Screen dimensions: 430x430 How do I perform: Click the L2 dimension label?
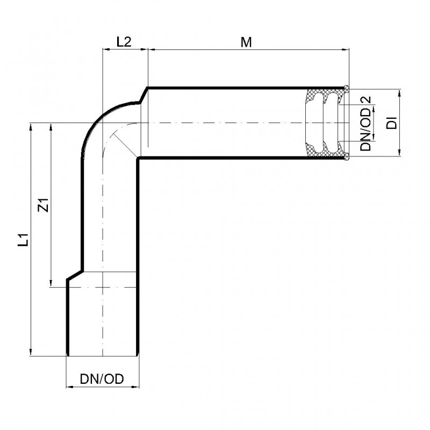pyautogui.click(x=124, y=42)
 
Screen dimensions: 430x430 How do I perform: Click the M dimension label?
pyautogui.click(x=246, y=42)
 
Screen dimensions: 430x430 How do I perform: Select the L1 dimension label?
pyautogui.click(x=23, y=240)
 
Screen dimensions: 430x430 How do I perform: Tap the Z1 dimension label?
pyautogui.click(x=44, y=205)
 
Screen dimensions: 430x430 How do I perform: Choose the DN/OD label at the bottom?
pyautogui.click(x=102, y=379)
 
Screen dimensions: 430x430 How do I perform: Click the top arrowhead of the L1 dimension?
pyautogui.click(x=31, y=126)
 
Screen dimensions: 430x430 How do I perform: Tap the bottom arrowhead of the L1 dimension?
pyautogui.click(x=31, y=353)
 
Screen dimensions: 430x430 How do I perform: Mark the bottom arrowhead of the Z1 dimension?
pyautogui.click(x=51, y=283)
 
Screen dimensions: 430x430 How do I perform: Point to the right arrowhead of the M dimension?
pyautogui.click(x=346, y=49)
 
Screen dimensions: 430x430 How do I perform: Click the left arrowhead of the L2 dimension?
pyautogui.click(x=106, y=49)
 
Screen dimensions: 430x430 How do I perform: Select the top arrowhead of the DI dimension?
pyautogui.click(x=399, y=92)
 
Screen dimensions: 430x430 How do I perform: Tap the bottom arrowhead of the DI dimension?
pyautogui.click(x=399, y=153)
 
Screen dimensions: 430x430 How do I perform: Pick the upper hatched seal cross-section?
pyautogui.click(x=325, y=97)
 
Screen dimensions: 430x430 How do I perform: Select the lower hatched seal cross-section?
pyautogui.click(x=325, y=149)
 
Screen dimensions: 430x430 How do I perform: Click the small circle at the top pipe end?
pyautogui.click(x=347, y=88)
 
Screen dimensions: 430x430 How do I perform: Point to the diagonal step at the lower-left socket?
pyautogui.click(x=75, y=275)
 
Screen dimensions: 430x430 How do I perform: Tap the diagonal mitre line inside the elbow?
pyautogui.click(x=125, y=145)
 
